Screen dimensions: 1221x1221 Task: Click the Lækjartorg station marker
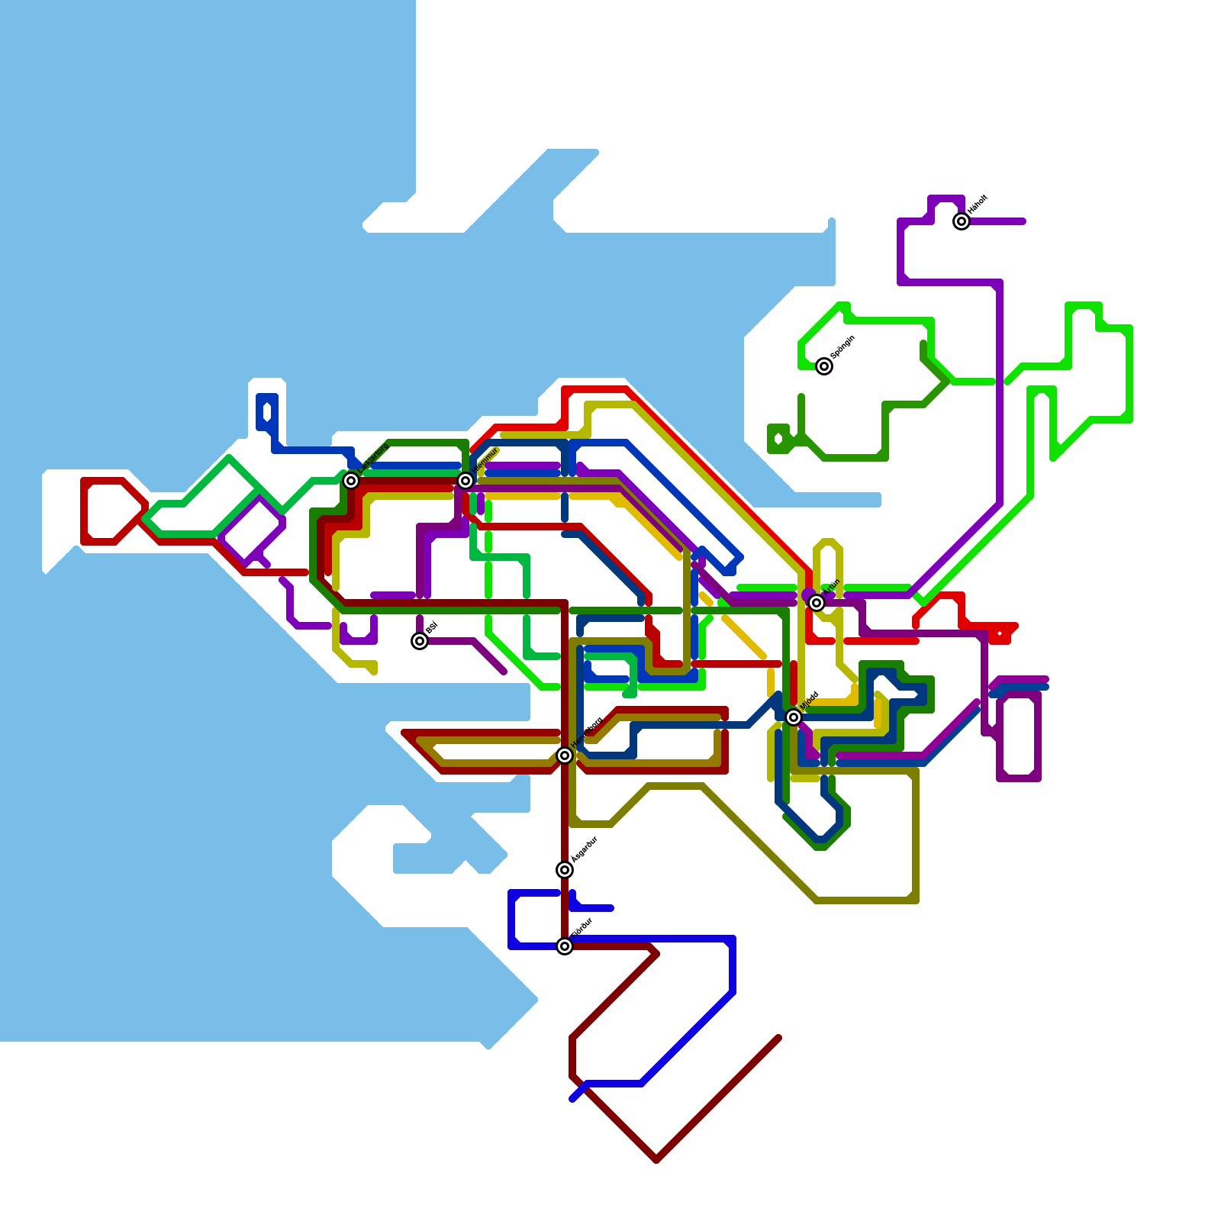tap(351, 481)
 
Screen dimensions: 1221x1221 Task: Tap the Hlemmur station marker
tap(466, 480)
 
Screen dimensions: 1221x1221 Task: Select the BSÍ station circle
tap(420, 641)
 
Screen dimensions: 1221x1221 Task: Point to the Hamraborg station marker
tap(565, 755)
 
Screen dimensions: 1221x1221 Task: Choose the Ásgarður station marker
tap(565, 870)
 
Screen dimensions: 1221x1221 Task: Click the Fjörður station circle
tap(565, 946)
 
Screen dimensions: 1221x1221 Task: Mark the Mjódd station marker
tap(794, 717)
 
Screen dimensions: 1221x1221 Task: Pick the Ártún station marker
tap(817, 603)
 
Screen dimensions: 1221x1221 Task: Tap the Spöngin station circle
tap(824, 366)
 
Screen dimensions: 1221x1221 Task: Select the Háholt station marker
tap(962, 221)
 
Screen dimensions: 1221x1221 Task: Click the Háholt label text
tap(978, 205)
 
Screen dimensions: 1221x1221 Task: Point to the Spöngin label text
tap(842, 347)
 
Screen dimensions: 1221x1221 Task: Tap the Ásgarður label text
tap(585, 849)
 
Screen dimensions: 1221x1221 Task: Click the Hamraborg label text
tap(587, 732)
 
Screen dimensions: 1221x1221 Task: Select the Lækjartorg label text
tap(374, 458)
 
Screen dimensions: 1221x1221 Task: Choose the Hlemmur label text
tap(485, 460)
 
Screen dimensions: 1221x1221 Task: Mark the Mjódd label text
tap(810, 701)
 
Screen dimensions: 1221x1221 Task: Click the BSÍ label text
tap(431, 628)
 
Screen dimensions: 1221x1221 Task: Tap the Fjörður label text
tap(582, 928)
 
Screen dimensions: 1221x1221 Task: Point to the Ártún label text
tap(832, 588)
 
